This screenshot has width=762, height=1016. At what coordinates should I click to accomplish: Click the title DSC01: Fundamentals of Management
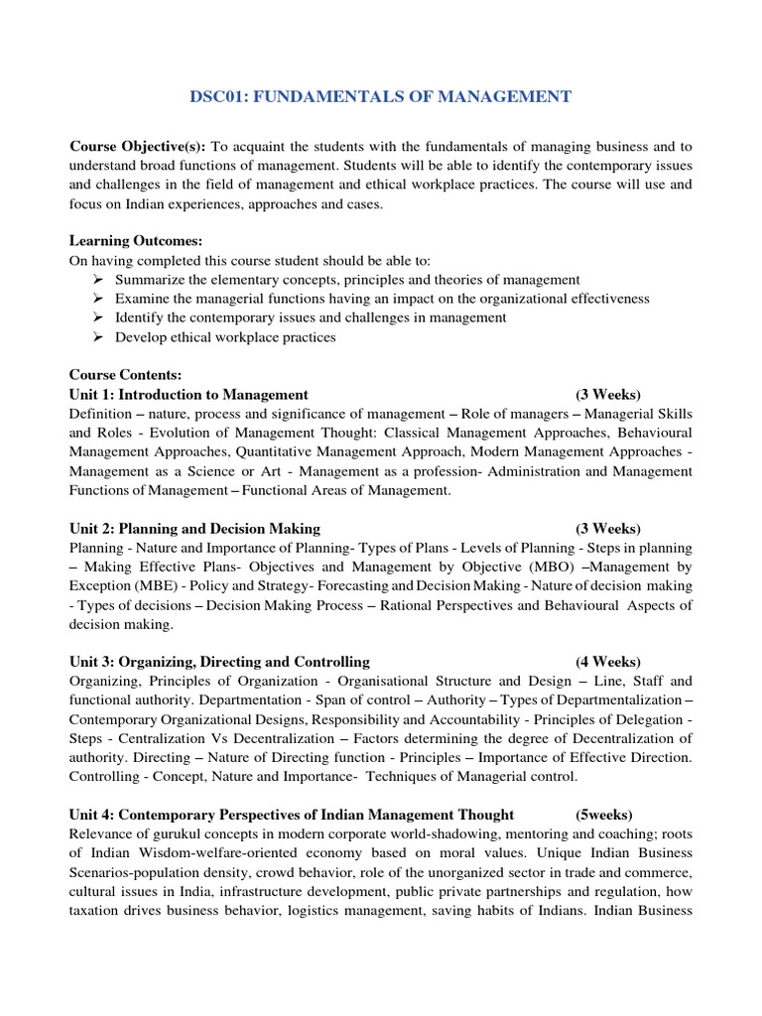[380, 96]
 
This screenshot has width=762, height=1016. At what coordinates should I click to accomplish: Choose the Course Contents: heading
[125, 375]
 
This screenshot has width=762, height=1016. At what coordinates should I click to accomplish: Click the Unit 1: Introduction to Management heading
[189, 394]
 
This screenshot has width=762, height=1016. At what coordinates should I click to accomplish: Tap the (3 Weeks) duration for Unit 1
[608, 394]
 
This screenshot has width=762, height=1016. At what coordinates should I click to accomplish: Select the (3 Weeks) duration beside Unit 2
[608, 528]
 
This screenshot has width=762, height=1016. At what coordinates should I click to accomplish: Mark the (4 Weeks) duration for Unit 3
[608, 662]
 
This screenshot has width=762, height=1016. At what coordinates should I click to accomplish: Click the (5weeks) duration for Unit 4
[604, 815]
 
